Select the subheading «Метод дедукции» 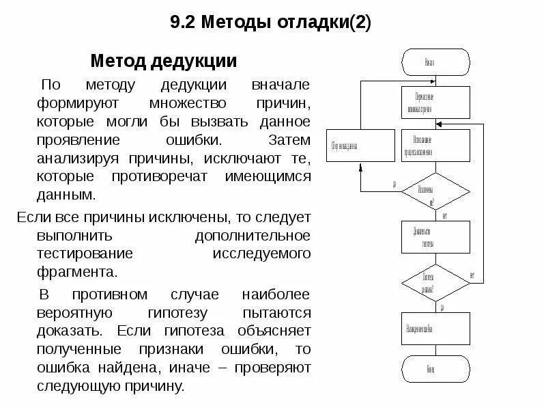point(164,61)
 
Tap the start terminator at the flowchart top point(435,62)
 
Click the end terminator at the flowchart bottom point(435,369)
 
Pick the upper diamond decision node point(435,192)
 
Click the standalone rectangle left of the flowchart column point(360,145)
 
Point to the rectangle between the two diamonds point(435,236)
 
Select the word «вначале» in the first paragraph point(281,87)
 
